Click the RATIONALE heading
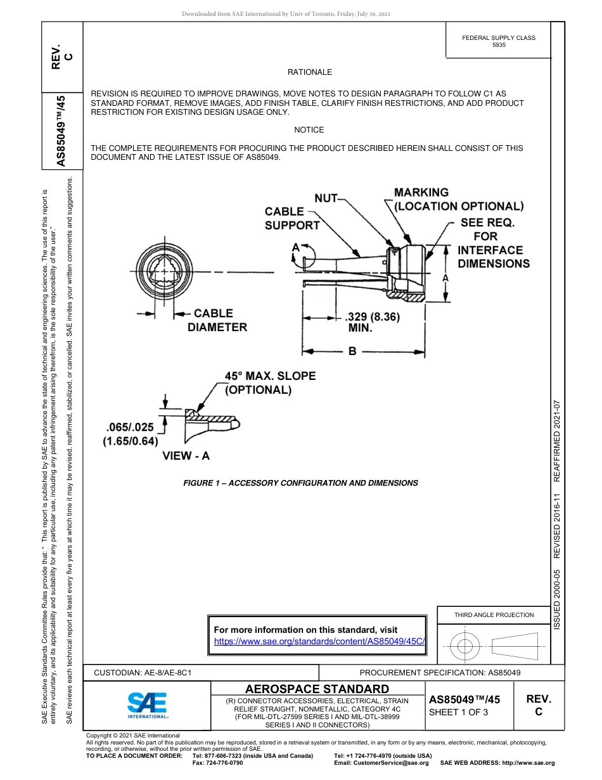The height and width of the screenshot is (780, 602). (x=309, y=72)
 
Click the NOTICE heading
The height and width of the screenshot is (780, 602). (x=309, y=130)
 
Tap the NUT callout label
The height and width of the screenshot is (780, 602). (x=326, y=198)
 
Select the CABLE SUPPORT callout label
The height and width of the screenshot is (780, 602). (x=291, y=218)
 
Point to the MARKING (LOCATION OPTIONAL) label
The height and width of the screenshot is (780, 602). (x=458, y=199)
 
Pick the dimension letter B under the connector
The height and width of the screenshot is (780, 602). (x=352, y=351)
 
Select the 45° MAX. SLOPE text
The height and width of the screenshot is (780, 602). (x=270, y=376)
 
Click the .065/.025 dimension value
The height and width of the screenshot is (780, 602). (x=130, y=428)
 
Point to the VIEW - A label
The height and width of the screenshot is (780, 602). (x=186, y=455)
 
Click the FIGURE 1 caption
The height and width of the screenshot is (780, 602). (x=300, y=483)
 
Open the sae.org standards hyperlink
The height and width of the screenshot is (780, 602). (x=319, y=641)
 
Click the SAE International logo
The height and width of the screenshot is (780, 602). (x=148, y=705)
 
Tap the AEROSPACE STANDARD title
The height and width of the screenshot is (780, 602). (x=317, y=689)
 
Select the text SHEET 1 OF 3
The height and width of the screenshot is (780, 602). (x=459, y=712)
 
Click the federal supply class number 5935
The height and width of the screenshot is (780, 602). (x=499, y=46)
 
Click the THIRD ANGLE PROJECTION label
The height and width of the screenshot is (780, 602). (x=494, y=614)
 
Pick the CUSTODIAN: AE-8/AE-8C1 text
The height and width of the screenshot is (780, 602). (x=143, y=672)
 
